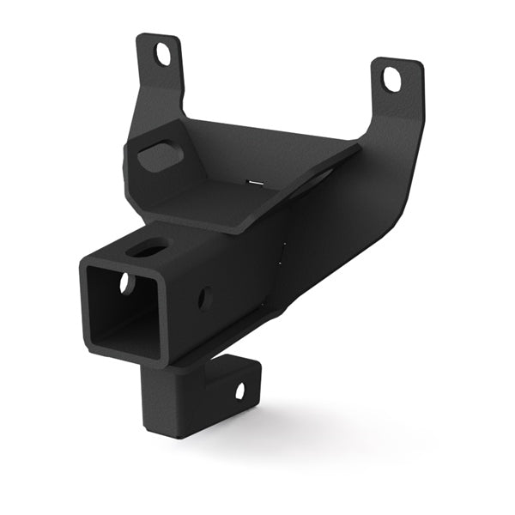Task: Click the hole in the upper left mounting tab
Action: click(161, 54)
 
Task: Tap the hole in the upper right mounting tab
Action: click(391, 81)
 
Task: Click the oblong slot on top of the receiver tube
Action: click(148, 250)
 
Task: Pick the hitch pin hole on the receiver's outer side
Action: click(204, 298)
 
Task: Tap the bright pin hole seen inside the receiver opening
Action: click(125, 283)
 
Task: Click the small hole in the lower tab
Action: click(239, 391)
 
